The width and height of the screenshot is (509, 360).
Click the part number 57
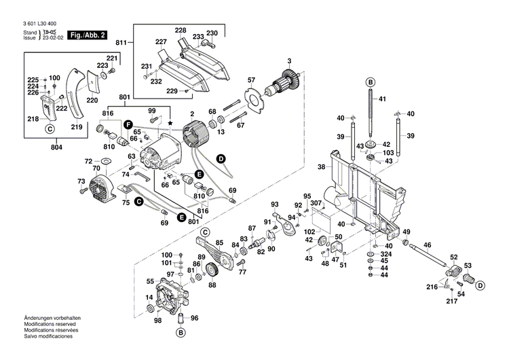251,79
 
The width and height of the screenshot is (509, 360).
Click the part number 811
121,43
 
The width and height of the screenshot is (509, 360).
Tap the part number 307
317,202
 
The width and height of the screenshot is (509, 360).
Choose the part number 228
180,31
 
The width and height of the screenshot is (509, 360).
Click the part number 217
453,302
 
